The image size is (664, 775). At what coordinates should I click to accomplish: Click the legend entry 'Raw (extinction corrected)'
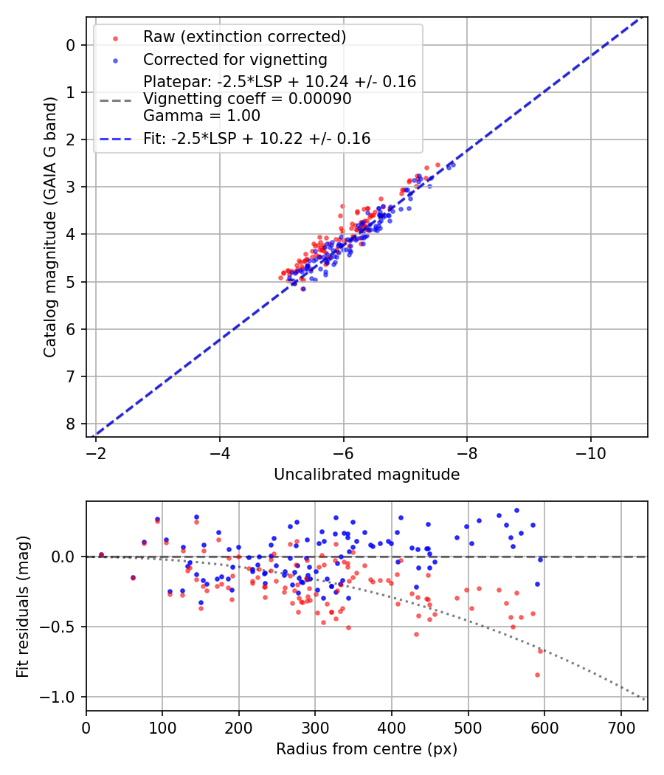(x=244, y=36)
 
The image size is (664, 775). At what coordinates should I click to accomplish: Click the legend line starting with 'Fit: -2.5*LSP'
(x=257, y=138)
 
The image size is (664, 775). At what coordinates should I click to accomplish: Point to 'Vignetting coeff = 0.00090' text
(x=247, y=99)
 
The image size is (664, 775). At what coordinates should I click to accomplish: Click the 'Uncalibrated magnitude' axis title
(x=367, y=475)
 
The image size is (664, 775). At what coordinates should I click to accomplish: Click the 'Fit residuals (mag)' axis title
(x=23, y=606)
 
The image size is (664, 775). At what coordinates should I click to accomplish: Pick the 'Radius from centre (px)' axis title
(x=367, y=749)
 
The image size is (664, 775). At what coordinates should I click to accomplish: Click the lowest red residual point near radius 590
(x=537, y=675)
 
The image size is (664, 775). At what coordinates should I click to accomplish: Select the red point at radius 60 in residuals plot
(x=133, y=578)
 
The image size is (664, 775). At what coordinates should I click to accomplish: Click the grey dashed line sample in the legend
(x=115, y=99)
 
